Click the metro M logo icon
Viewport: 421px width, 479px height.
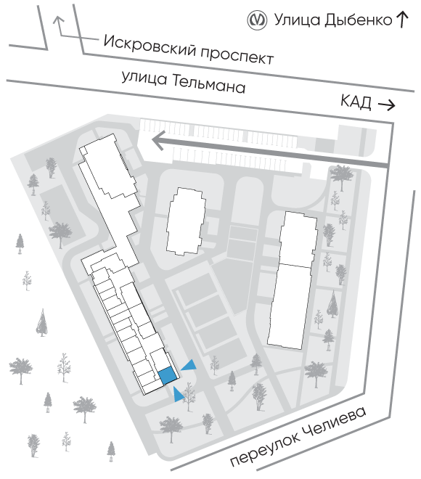257,20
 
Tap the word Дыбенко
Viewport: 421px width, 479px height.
358,20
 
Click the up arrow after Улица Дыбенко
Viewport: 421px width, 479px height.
402,20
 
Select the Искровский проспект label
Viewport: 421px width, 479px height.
189,50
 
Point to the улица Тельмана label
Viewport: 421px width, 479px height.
184,82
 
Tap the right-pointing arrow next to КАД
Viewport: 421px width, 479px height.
387,105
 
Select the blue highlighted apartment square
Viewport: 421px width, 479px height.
168,376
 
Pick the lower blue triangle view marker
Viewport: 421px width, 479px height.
178,394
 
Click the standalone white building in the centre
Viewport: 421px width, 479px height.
186,221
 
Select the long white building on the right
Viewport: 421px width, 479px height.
293,280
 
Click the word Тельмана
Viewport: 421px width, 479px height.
209,84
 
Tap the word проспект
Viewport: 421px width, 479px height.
237,57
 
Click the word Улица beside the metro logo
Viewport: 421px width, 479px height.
298,20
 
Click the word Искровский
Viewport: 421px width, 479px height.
150,45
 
